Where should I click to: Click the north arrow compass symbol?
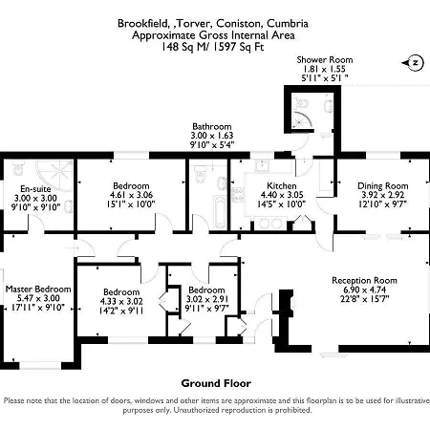413,63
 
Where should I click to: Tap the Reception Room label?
364,281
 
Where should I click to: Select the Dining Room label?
383,186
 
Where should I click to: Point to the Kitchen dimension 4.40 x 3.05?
282,195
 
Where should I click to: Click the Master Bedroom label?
38,290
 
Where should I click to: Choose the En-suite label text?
35,189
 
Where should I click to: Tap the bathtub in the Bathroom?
220,212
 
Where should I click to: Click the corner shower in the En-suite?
54,175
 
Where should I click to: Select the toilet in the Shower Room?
302,103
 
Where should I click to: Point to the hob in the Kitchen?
238,195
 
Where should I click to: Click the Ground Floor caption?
216,383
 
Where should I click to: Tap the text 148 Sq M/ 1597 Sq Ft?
212,47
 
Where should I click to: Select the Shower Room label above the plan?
325,60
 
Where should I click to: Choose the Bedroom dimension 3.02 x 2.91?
206,299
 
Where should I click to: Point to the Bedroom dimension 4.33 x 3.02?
121,301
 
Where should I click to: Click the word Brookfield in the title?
142,24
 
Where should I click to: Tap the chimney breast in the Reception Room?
285,318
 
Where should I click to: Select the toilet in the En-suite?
18,168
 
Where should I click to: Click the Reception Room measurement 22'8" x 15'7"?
364,299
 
